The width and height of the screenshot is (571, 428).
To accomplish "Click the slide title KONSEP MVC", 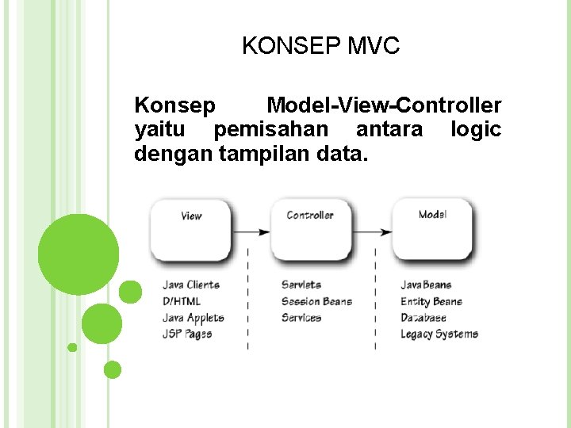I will [x=321, y=47].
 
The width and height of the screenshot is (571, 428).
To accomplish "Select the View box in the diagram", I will [x=191, y=229].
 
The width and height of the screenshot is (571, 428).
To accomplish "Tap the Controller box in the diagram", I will [x=310, y=229].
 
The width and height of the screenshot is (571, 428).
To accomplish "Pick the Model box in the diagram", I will [x=433, y=229].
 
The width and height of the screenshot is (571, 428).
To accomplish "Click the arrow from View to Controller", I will [x=251, y=232].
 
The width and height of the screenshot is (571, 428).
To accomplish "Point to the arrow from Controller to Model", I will [x=371, y=232].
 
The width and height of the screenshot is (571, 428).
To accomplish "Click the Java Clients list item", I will [x=191, y=285].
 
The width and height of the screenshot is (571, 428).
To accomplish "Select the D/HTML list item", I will [x=182, y=301].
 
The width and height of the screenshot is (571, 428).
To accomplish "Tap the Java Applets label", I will [x=194, y=318].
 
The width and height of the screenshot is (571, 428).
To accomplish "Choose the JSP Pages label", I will [x=187, y=334].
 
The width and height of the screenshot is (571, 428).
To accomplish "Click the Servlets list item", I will [x=301, y=285].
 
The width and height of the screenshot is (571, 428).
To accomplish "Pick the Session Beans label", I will [x=316, y=301].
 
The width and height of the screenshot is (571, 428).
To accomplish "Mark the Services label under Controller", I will [x=301, y=318].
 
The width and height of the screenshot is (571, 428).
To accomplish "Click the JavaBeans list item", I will [x=426, y=285].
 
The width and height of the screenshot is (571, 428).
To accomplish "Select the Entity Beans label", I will [x=431, y=301].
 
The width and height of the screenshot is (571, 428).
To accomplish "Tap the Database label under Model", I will [x=423, y=318].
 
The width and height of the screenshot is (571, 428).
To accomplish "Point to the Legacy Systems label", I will [x=439, y=334].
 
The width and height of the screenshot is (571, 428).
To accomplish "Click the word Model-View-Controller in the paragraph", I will [x=384, y=105].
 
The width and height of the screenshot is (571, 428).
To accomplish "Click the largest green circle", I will [x=79, y=254].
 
